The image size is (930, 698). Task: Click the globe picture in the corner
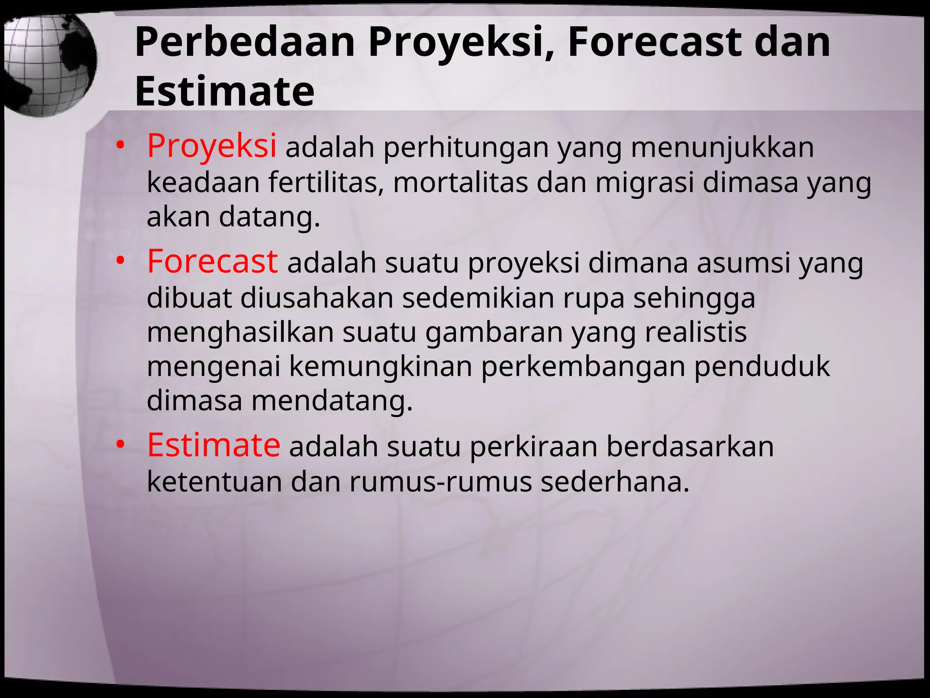(x=48, y=64)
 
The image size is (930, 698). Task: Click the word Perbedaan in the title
(x=244, y=42)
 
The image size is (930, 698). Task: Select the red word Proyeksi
(x=212, y=146)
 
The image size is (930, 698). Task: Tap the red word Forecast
(x=212, y=262)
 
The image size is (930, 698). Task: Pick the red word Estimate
(x=213, y=445)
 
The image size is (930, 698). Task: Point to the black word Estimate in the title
(x=224, y=91)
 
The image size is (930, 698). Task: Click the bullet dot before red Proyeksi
(x=120, y=146)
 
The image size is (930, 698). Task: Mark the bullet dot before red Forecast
(x=120, y=261)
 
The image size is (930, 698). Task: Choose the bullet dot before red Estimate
(x=120, y=444)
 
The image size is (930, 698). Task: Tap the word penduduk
(x=762, y=366)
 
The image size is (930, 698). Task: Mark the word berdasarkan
(x=690, y=447)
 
